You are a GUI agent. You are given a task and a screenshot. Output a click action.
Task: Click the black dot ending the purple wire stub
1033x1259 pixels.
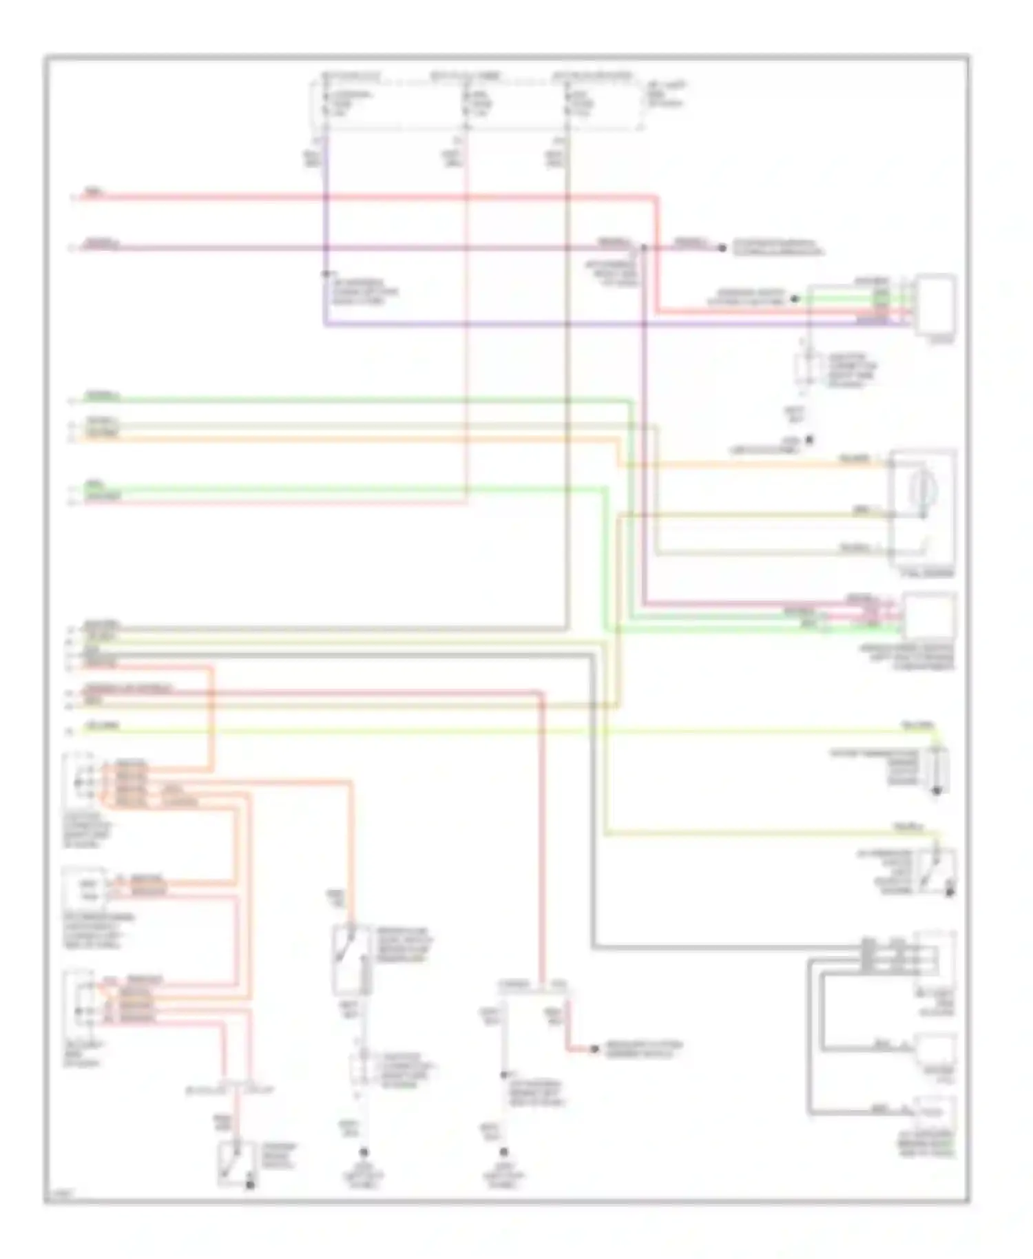click(722, 248)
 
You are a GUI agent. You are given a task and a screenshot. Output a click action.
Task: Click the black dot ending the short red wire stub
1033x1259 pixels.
click(594, 1050)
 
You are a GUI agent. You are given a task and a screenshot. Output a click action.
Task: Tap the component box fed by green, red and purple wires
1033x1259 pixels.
click(934, 304)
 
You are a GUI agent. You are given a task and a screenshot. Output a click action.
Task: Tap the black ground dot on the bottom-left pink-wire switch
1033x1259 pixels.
click(251, 1185)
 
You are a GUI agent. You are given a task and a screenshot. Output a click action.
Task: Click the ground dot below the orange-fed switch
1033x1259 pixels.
click(364, 1152)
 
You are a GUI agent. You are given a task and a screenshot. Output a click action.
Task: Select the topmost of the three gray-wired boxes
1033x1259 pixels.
click(934, 959)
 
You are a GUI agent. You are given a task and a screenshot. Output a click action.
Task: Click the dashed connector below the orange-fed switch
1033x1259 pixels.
click(359, 1069)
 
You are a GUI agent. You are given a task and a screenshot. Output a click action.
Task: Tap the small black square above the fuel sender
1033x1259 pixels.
click(810, 439)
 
